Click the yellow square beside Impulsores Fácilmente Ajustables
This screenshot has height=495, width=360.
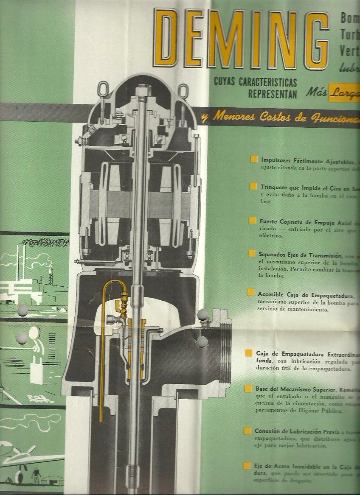(x=253, y=160)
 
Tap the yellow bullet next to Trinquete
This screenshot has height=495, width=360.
(x=253, y=186)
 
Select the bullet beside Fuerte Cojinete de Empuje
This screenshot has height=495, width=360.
(x=253, y=220)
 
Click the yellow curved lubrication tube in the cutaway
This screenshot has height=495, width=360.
(x=104, y=305)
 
